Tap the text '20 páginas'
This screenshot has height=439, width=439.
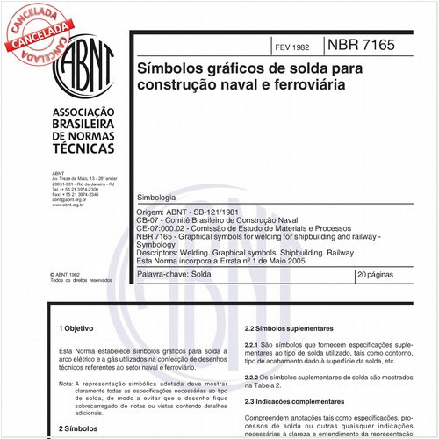[x=378, y=276]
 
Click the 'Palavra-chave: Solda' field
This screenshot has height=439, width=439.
[x=175, y=276]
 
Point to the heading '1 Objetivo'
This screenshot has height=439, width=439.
[x=78, y=327]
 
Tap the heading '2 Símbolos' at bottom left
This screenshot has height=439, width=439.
[x=78, y=428]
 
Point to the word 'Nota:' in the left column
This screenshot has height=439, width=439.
[x=65, y=384]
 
